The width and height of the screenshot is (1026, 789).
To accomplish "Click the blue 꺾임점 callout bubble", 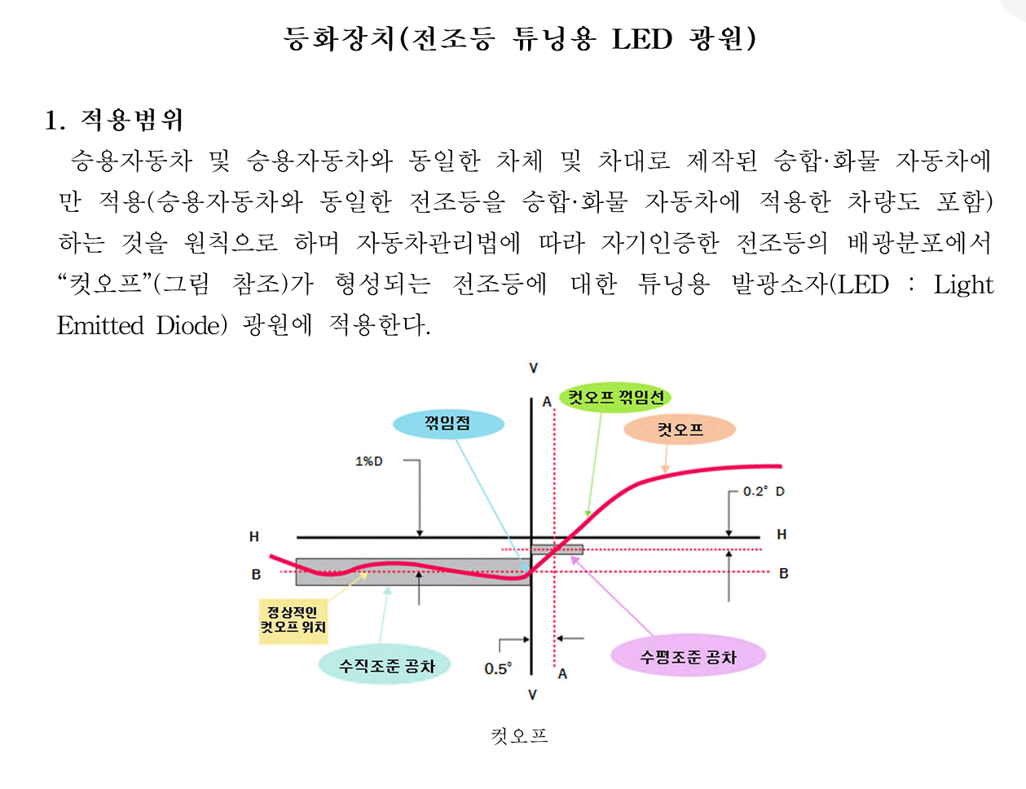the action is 448,424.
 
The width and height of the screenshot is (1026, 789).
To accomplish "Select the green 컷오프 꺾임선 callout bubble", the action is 615,398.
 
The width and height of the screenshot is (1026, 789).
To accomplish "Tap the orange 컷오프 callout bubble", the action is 680,430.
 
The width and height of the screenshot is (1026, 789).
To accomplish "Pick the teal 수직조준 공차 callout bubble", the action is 387,666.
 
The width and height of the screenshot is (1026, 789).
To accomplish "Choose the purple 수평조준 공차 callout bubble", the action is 688,657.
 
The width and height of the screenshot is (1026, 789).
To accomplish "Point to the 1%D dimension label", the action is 368,461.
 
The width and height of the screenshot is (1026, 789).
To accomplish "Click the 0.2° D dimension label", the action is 763,491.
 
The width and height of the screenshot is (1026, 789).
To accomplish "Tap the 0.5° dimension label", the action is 497,669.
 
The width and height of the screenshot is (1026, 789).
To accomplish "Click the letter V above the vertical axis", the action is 534,368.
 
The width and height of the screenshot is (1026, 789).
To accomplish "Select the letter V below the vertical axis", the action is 532,695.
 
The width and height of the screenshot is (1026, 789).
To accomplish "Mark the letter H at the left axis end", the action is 254,536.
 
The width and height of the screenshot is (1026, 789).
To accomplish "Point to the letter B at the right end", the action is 783,573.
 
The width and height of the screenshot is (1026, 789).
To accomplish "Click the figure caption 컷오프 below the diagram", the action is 519,736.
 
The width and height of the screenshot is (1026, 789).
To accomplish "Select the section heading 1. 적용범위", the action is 114,121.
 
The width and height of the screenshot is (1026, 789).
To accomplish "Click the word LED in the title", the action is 642,39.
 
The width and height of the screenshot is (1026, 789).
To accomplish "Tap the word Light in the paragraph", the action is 963,284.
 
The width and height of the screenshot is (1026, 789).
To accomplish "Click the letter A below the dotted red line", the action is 562,674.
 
